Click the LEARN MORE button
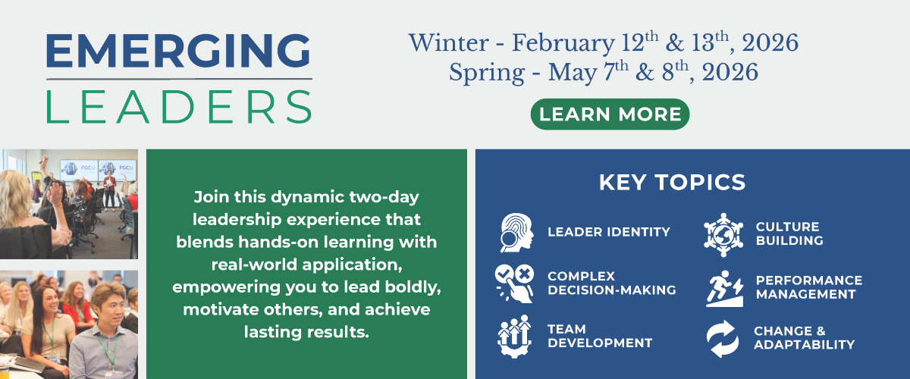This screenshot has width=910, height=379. coord(610,114)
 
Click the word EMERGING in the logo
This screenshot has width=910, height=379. coord(177,52)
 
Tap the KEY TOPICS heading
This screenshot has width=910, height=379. coord(672,183)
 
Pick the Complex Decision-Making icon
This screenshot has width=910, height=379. coord(515,283)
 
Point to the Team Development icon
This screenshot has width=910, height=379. coord(515,336)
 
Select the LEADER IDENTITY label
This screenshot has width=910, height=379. coord(609,232)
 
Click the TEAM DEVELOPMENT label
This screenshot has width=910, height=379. coord(600,336)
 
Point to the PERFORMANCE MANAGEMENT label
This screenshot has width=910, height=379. coord(809,287)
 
